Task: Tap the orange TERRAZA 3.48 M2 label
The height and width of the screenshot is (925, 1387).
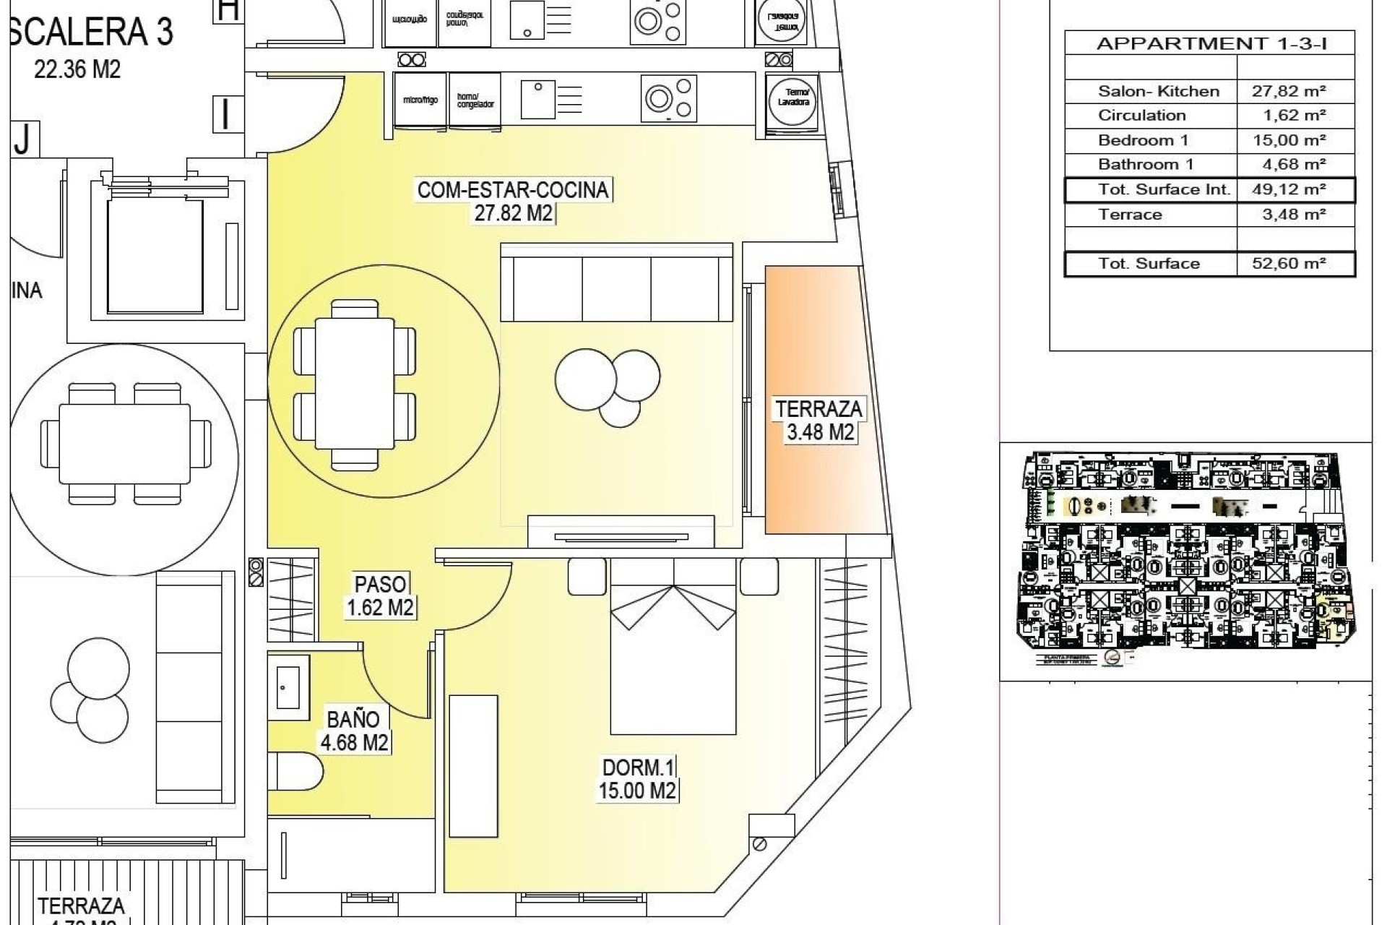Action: [818, 421]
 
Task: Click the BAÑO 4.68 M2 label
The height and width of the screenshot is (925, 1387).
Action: [353, 731]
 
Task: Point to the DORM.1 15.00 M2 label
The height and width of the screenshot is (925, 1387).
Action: [636, 778]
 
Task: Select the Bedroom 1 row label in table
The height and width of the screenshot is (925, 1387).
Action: [1142, 140]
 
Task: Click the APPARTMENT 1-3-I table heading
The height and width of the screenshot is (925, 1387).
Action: [1211, 43]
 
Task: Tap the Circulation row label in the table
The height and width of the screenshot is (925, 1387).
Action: [1141, 116]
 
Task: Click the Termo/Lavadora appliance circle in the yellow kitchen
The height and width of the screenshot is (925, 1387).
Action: [792, 98]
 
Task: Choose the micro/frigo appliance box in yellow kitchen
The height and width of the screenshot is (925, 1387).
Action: [420, 100]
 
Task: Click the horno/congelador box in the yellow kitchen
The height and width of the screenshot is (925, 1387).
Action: [475, 100]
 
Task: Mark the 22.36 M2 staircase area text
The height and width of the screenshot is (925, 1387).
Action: [77, 69]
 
